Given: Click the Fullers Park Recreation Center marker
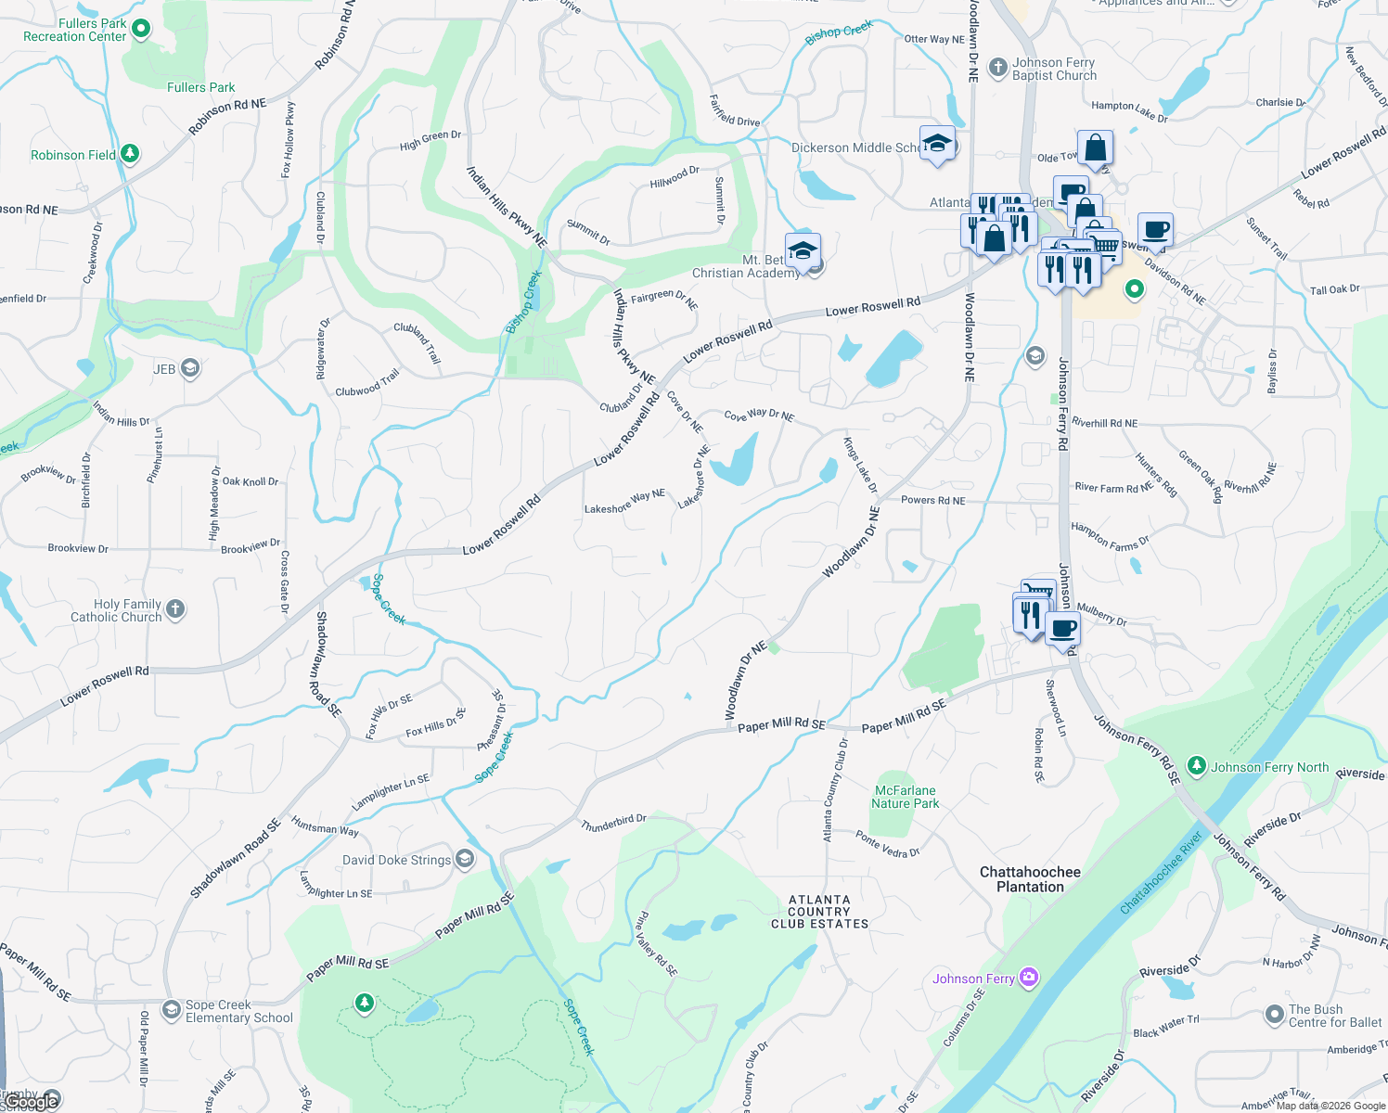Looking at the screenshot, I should click(141, 30).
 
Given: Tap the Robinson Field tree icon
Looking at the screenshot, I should click(130, 154).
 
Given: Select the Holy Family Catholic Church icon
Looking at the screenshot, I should click(175, 609).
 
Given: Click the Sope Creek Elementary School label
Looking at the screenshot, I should click(238, 1011).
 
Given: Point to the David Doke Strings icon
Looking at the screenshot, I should click(465, 859).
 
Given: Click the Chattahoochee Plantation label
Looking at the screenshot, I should click(1030, 879).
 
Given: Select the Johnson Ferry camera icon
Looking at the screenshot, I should click(1028, 978).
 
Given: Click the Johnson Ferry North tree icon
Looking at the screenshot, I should click(1197, 766).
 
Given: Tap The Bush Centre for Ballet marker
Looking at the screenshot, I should click(1275, 1015).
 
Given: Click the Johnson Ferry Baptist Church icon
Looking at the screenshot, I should click(998, 67).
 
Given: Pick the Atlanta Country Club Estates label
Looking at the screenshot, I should click(819, 912).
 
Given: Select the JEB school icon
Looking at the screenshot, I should click(190, 369).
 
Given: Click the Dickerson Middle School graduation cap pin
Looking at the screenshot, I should click(937, 145).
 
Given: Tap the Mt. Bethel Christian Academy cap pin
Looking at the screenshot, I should click(803, 251).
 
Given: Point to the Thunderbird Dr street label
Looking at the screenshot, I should click(613, 823).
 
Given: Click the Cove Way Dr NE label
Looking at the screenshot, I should click(759, 416).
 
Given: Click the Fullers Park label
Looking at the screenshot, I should click(200, 87).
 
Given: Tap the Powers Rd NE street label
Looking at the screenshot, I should click(932, 500).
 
